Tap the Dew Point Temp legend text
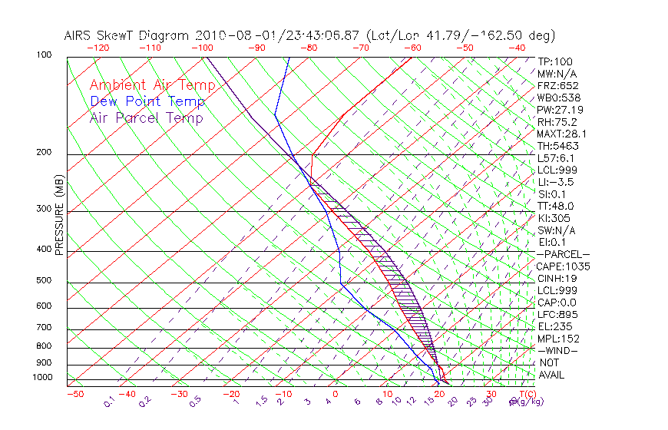(147, 101)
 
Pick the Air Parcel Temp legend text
(147, 117)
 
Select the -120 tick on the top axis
(98, 48)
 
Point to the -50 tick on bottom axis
(74, 394)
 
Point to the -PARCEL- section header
(563, 254)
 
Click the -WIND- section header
(558, 351)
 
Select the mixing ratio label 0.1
(110, 400)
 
